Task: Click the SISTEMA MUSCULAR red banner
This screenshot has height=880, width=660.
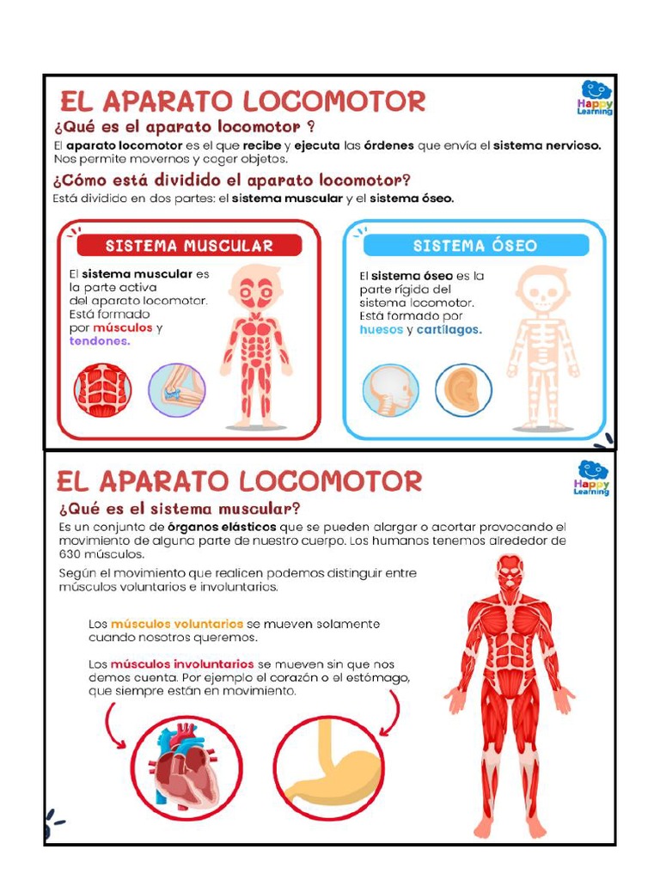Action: click(x=189, y=246)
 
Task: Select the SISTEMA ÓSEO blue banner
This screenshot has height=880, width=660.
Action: click(x=475, y=246)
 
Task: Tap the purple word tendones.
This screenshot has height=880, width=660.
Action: click(x=100, y=341)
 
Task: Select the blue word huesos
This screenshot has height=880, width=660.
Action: click(x=382, y=330)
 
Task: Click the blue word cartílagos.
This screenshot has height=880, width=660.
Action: click(x=449, y=330)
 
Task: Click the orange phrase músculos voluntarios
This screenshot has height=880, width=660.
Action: click(x=178, y=624)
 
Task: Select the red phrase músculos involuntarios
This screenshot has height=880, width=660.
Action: click(x=182, y=664)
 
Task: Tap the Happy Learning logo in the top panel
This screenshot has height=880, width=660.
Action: click(x=595, y=97)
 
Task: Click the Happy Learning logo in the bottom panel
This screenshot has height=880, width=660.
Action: click(x=592, y=478)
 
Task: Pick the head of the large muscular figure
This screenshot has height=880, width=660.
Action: click(x=510, y=571)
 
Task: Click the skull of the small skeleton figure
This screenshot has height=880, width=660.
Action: click(x=542, y=290)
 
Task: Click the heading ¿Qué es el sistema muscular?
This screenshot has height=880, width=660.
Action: click(x=180, y=509)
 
